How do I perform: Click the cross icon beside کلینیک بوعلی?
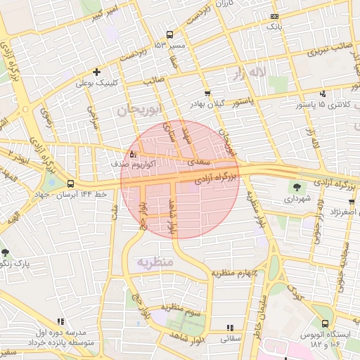tap(96, 72)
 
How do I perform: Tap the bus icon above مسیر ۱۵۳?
tap(169, 34)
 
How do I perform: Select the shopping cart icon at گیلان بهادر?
tap(207, 93)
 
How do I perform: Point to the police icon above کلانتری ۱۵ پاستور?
tap(323, 94)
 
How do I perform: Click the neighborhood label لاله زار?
tap(252, 72)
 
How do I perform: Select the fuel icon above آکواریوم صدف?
tap(134, 153)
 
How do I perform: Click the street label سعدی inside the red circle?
tap(197, 162)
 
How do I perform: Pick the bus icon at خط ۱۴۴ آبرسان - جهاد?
tap(70, 184)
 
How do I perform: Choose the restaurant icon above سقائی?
tap(230, 328)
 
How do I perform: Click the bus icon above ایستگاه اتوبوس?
tap(324, 323)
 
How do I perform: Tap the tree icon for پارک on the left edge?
tap(6, 252)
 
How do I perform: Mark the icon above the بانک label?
tap(274, 16)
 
